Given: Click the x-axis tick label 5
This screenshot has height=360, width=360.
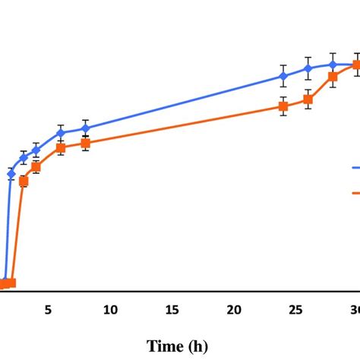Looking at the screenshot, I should [48, 309].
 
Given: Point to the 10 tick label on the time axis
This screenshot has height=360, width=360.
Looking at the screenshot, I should [110, 309].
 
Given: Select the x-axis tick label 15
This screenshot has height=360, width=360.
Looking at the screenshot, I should [172, 309].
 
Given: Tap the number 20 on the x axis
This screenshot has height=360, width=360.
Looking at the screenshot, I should [234, 309].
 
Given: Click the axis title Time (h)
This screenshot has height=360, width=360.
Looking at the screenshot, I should [176, 346].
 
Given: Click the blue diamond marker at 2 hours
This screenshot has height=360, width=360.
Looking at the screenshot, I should [11, 174].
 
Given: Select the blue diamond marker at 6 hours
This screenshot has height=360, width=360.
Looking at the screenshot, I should [61, 133].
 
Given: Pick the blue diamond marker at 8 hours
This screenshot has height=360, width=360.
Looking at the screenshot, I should [85, 128].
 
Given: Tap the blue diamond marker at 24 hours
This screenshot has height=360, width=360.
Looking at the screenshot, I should [283, 76].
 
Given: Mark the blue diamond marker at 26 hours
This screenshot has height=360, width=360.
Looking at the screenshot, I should [308, 68].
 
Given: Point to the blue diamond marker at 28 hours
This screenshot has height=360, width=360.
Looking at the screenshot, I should [333, 65].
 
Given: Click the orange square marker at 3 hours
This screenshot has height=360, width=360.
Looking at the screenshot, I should [24, 181].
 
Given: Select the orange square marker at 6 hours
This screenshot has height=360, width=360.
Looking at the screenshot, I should [61, 147].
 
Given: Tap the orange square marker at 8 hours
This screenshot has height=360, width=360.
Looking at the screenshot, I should [85, 143].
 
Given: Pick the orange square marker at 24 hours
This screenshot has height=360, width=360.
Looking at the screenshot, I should [283, 106].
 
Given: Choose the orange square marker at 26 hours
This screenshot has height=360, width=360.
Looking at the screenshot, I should [308, 99].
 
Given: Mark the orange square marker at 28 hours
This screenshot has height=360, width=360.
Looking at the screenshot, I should [333, 77].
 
